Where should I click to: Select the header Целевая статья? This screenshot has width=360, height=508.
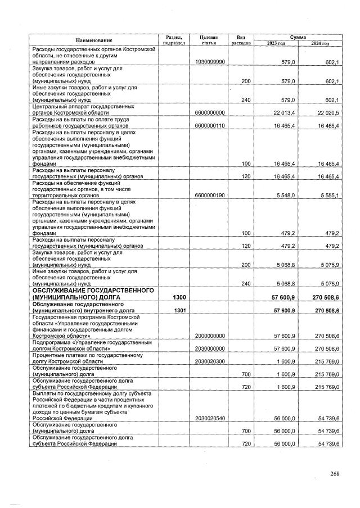(209, 39)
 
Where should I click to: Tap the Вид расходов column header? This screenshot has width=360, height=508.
(240, 39)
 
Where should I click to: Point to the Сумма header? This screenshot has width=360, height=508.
(298, 36)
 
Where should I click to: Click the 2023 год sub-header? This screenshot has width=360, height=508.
(276, 43)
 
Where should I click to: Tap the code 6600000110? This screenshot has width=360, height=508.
(209, 126)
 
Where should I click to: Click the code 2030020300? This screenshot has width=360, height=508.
(209, 361)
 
